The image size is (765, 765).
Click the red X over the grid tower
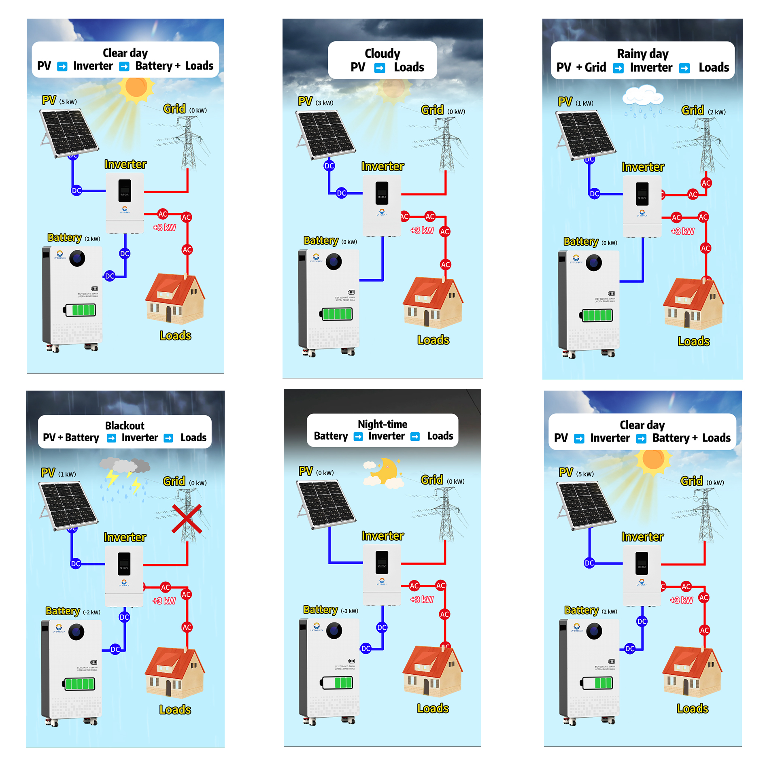tap(187, 518)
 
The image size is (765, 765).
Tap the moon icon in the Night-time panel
tap(386, 470)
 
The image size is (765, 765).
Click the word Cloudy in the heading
tap(382, 53)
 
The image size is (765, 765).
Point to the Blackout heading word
tap(124, 425)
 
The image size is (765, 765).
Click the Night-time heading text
tap(382, 424)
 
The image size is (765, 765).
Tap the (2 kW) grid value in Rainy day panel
tap(716, 112)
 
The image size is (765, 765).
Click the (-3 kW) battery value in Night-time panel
tap(349, 611)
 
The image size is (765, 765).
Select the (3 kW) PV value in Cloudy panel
tap(324, 103)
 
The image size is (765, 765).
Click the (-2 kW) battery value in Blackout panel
tap(91, 612)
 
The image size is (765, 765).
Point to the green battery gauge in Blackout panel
tap(80, 684)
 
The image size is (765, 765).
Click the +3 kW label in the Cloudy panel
tap(422, 230)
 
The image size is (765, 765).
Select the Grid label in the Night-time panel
tap(431, 480)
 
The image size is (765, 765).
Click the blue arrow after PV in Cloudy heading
tap(379, 68)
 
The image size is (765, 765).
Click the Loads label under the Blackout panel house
tap(175, 710)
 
